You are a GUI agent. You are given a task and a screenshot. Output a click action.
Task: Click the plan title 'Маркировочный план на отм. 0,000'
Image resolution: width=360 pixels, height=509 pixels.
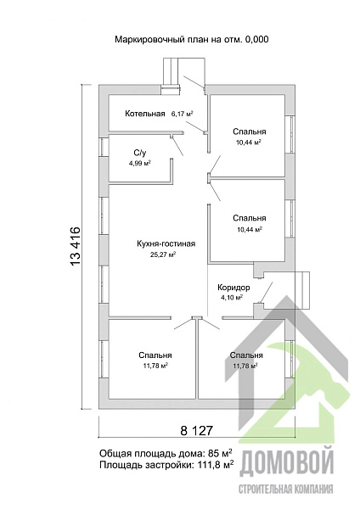click(192, 40)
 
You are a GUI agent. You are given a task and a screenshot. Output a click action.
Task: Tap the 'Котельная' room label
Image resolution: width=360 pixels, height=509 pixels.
click(145, 114)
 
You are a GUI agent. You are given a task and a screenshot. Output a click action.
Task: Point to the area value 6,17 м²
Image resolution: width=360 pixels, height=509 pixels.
click(183, 114)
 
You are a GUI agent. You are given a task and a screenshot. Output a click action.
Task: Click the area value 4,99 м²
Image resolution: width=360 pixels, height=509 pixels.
click(140, 163)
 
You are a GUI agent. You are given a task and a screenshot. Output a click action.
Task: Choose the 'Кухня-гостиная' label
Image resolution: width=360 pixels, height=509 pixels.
click(166, 243)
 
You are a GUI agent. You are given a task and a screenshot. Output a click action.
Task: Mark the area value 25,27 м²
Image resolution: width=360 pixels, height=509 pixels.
click(163, 255)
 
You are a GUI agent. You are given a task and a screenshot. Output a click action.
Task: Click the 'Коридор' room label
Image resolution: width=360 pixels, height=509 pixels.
click(233, 288)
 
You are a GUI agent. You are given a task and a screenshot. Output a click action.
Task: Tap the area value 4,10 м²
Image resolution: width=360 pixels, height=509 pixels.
click(232, 297)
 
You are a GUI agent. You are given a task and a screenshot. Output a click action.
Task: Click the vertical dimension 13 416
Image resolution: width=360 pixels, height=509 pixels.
click(75, 246)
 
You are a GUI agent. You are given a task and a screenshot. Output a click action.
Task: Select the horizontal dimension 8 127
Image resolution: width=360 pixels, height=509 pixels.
click(196, 430)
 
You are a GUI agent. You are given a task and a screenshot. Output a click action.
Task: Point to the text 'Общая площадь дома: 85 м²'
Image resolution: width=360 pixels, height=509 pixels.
click(166, 453)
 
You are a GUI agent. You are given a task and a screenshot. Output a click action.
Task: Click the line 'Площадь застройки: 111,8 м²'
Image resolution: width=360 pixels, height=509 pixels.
click(166, 465)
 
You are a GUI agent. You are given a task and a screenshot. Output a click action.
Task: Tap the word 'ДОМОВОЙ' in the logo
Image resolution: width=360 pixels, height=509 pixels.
click(286, 463)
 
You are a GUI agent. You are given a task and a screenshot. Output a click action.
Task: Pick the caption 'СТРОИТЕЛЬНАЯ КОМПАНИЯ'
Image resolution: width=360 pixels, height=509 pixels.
click(286, 489)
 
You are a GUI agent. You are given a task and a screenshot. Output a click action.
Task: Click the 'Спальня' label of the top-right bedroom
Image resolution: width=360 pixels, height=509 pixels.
click(250, 131)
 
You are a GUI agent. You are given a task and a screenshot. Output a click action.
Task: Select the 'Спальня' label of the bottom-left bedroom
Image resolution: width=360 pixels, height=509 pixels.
click(155, 355)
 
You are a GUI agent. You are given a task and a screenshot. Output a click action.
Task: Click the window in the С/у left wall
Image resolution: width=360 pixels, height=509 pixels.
click(104, 148)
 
